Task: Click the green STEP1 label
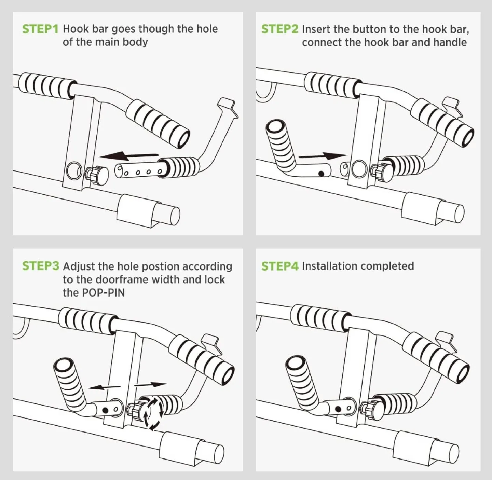coord(40,29)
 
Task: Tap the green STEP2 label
coord(279,29)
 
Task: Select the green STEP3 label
coord(40,266)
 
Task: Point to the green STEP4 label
coord(279,266)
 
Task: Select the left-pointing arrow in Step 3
coord(104,387)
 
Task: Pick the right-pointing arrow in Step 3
coord(150,385)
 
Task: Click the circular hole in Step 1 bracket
coord(74,170)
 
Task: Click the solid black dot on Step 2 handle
coord(321,174)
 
